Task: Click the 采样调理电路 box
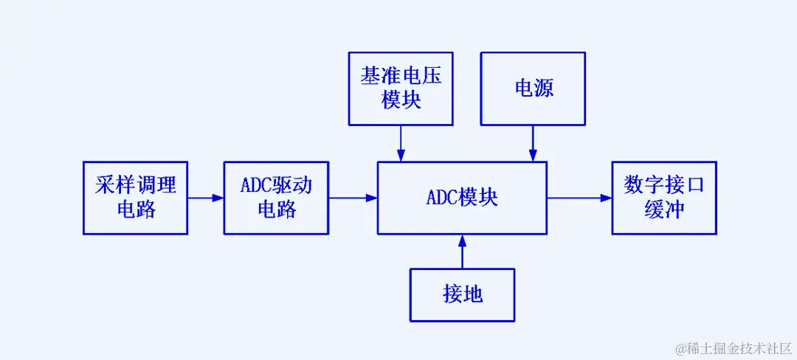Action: tap(136, 198)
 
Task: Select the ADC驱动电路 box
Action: tap(276, 198)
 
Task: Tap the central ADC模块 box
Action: tap(462, 198)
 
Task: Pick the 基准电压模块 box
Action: tap(401, 89)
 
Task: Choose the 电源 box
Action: tap(533, 89)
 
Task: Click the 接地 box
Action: tap(462, 294)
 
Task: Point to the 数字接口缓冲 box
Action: tap(663, 198)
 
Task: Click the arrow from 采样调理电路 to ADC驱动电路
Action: tap(206, 198)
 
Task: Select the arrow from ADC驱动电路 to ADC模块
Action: tap(353, 198)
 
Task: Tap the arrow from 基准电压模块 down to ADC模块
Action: tap(401, 143)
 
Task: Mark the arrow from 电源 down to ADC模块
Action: tap(533, 143)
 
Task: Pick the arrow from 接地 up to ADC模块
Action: tap(462, 252)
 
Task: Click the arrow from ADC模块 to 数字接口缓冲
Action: tap(579, 198)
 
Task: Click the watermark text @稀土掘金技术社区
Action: tap(735, 347)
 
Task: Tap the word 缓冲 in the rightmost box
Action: tap(663, 210)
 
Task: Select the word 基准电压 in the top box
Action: tap(401, 77)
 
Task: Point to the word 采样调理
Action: tap(136, 185)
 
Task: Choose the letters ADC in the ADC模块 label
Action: tap(443, 198)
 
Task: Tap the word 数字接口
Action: tap(663, 185)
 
